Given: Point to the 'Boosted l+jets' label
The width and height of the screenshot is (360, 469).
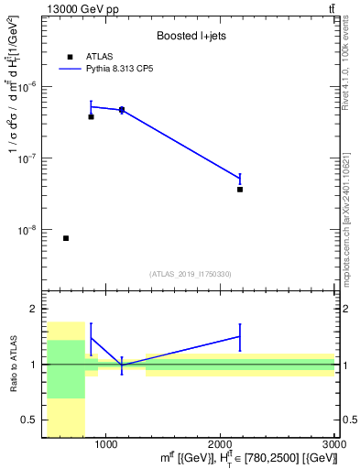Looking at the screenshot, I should (191, 37).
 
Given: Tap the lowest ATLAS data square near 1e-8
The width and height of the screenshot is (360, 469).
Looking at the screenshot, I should (66, 238).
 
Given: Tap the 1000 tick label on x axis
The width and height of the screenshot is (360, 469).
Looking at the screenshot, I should (106, 444).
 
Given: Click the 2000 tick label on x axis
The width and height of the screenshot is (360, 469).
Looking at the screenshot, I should (221, 444).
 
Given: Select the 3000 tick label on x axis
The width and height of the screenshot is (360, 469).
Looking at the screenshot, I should (335, 444).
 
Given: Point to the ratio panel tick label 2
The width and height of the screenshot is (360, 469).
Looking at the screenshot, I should (34, 309).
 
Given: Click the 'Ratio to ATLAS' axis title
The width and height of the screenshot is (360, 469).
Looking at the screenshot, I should (12, 364).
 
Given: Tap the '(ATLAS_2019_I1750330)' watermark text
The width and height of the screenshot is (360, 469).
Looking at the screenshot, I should (191, 274).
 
